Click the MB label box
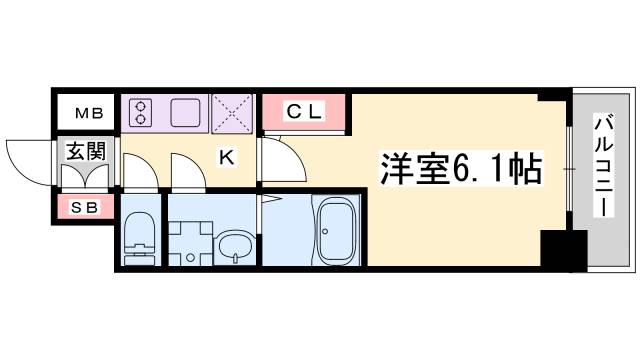tap(85, 111)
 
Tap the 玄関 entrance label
tap(85, 151)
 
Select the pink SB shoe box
tap(85, 208)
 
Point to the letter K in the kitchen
tap(226, 156)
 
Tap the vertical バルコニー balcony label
tap(603, 166)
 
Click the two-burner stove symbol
tap(139, 111)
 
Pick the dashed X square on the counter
tap(233, 111)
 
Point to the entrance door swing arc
tap(27, 158)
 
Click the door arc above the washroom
tap(186, 168)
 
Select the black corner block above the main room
tap(549, 96)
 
